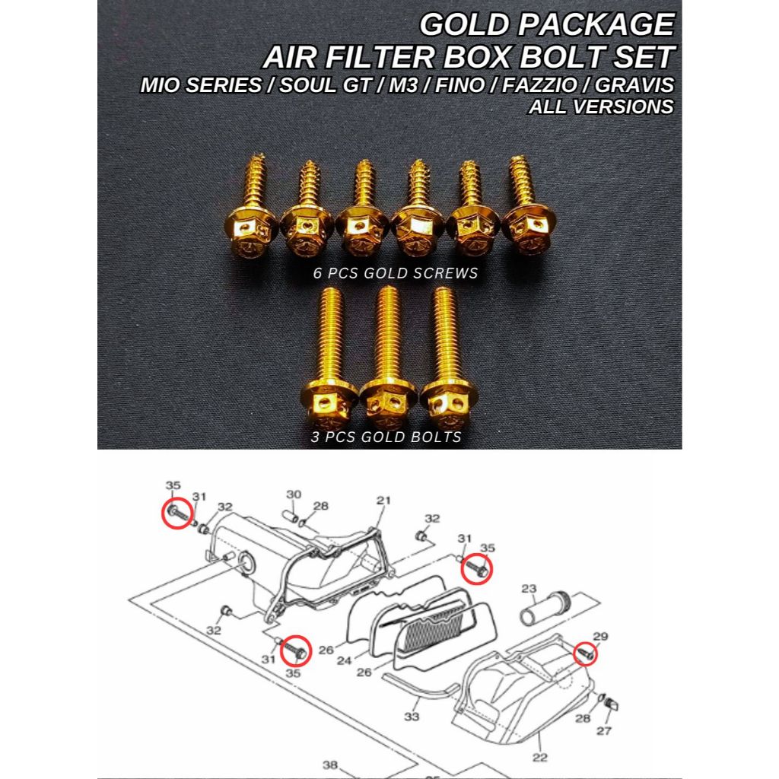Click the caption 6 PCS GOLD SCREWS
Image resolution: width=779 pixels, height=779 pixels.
pyautogui.click(x=396, y=273)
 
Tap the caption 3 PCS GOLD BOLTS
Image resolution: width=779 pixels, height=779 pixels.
pyautogui.click(x=386, y=437)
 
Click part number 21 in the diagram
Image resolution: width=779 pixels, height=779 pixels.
pyautogui.click(x=383, y=500)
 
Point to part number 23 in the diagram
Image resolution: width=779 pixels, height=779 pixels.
pyautogui.click(x=529, y=588)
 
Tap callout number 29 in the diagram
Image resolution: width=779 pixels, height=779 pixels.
pyautogui.click(x=601, y=636)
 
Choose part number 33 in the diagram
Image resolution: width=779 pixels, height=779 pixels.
pyautogui.click(x=412, y=716)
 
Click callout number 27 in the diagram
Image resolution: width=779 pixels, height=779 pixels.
pyautogui.click(x=603, y=731)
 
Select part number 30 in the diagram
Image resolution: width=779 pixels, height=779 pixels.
pyautogui.click(x=294, y=494)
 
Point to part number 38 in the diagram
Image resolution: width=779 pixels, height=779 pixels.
pyautogui.click(x=329, y=765)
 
